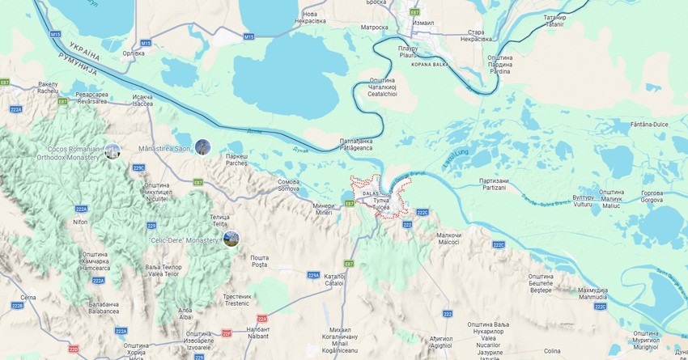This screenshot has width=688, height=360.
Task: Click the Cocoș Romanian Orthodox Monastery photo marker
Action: (113, 151)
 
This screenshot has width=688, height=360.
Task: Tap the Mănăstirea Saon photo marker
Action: (202, 147)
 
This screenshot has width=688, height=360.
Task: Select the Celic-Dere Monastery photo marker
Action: (231, 239)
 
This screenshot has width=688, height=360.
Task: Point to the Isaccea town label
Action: (142, 100)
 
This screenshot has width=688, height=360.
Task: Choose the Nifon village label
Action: (79, 222)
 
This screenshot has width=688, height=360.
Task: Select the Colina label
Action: (553, 351)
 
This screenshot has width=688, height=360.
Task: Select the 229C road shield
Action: (138, 167)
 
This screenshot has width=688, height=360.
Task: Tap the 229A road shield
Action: (313, 275)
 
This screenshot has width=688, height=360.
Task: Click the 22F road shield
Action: (227, 332)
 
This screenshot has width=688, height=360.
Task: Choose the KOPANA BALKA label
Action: (430, 63)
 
